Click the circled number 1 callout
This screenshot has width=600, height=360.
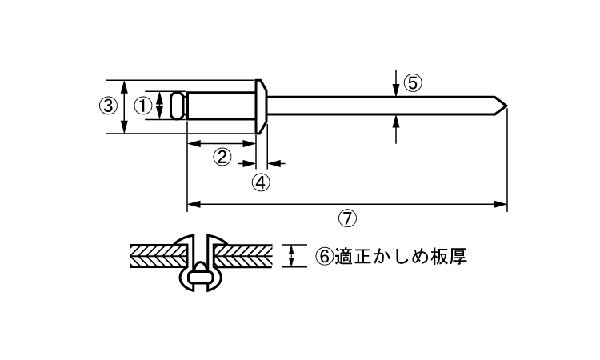pos(143,106)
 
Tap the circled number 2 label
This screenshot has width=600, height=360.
pos(222,157)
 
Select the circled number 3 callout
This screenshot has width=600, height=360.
pos(109,106)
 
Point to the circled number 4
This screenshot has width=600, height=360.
pos(261,182)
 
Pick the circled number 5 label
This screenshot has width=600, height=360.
pos(413,83)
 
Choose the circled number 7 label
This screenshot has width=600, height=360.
pos(347,218)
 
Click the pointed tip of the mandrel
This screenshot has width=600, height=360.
pos(507,106)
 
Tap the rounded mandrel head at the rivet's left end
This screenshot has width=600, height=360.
pos(178,106)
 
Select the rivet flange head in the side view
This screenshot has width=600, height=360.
pos(261,106)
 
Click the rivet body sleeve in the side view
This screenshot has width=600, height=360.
pos(221,106)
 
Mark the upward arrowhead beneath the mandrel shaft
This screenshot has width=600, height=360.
pos(396,122)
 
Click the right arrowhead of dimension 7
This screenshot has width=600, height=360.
pos(501,204)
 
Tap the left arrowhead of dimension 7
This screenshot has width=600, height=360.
pos(194,204)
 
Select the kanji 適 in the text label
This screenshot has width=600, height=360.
pos(343,256)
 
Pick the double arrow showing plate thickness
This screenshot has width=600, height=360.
pos(291,256)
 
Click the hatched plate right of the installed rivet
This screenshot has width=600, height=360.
pos(243,255)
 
